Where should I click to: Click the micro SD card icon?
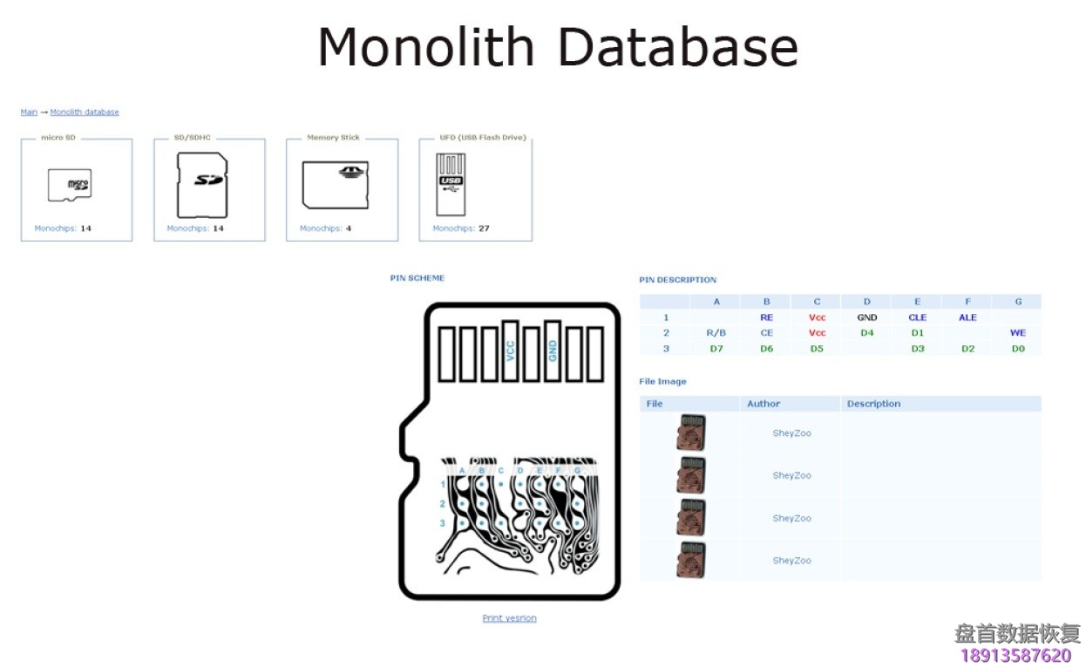pos(69,185)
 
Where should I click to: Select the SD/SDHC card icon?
pos(202,185)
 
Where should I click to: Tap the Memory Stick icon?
pos(336,184)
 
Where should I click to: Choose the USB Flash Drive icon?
pos(451,185)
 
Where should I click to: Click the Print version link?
pos(509,618)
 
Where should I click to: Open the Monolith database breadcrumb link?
pos(85,112)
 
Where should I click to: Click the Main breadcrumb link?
pos(29,112)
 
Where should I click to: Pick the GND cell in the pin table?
pos(866,317)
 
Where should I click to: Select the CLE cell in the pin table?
pos(917,317)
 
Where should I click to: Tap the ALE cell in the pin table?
pos(967,317)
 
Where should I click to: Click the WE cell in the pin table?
pos(1017,333)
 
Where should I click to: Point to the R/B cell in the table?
pos(716,333)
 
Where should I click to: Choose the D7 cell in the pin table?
pos(716,349)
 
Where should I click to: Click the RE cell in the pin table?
pos(766,317)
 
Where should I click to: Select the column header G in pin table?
pos(1017,302)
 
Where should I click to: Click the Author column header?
pos(764,404)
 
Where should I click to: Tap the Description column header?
pos(873,404)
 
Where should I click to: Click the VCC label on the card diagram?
pos(511,351)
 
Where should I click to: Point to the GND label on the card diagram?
pos(553,351)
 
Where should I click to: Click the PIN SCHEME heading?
pos(417,278)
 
